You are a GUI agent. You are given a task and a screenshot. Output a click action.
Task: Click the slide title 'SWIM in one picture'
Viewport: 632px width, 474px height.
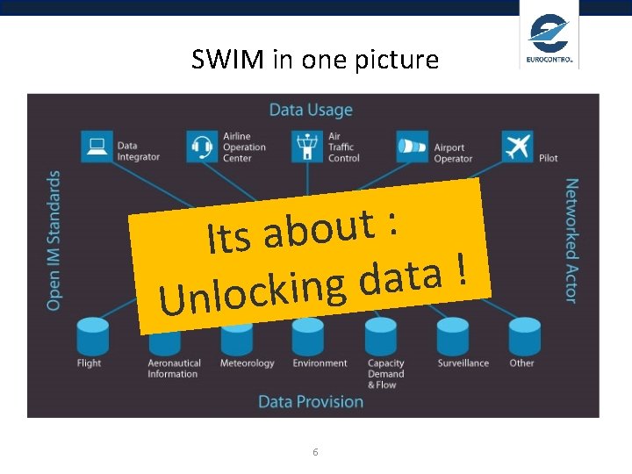pyautogui.click(x=315, y=60)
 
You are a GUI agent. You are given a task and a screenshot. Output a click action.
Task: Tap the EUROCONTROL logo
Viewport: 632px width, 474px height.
pyautogui.click(x=549, y=39)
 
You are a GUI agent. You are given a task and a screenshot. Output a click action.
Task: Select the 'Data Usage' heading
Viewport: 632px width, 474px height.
pyautogui.click(x=311, y=110)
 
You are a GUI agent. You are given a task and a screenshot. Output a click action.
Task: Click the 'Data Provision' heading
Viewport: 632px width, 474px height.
pyautogui.click(x=311, y=401)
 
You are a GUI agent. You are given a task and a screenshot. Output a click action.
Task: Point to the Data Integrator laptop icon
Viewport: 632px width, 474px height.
pyautogui.click(x=96, y=146)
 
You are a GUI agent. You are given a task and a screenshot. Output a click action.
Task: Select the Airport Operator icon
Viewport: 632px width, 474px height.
pyautogui.click(x=412, y=146)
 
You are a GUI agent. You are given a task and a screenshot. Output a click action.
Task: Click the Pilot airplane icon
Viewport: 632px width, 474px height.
pyautogui.click(x=519, y=146)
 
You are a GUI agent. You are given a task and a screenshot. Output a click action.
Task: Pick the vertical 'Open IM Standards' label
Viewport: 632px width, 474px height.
pyautogui.click(x=54, y=240)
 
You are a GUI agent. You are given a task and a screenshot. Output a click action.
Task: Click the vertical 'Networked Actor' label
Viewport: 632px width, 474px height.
pyautogui.click(x=571, y=241)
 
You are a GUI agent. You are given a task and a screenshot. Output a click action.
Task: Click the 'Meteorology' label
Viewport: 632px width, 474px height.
pyautogui.click(x=247, y=363)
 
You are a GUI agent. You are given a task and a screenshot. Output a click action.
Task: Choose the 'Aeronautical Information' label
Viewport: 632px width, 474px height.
pyautogui.click(x=174, y=369)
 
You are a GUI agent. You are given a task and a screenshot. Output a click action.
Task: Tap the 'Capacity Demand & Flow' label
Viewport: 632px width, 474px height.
pyautogui.click(x=385, y=374)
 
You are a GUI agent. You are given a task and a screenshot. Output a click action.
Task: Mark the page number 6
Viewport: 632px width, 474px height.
pyautogui.click(x=315, y=451)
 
